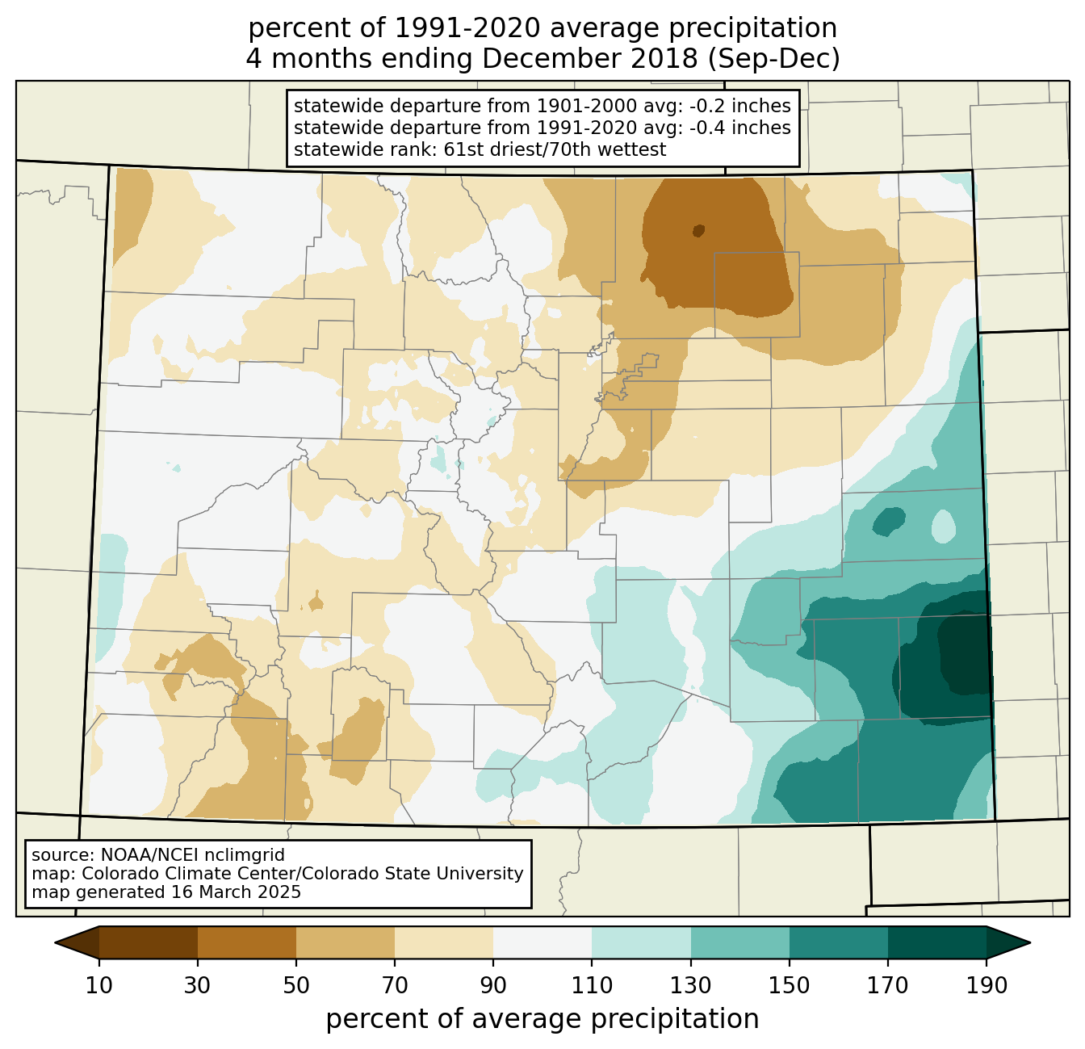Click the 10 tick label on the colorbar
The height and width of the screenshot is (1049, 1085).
point(98,985)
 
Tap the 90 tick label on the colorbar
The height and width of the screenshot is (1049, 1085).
point(493,985)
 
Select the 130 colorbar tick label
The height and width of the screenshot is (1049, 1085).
point(690,985)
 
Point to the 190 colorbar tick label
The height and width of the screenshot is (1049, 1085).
point(986,985)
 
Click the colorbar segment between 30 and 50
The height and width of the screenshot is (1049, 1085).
point(246,942)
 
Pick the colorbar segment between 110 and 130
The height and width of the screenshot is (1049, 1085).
point(641,942)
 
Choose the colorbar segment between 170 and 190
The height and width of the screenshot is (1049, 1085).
point(936,942)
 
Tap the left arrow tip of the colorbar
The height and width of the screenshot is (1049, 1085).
point(55,942)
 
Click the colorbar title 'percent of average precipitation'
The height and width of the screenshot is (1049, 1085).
point(542,1019)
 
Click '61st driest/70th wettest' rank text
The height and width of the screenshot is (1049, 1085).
point(555,149)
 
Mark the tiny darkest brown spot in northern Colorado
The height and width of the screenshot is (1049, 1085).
point(698,230)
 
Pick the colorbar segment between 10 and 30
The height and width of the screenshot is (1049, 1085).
point(148,942)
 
